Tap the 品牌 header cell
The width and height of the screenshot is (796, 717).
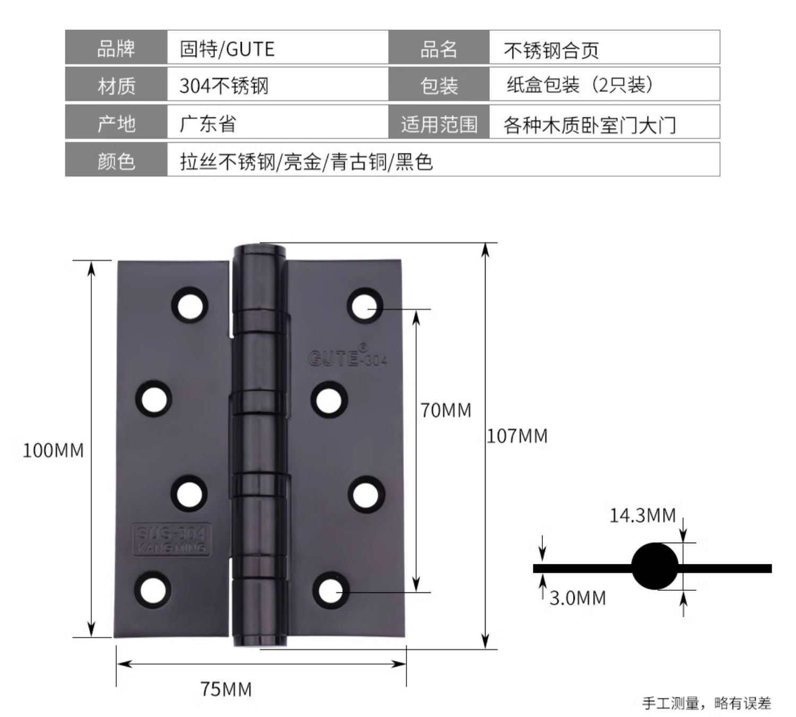tap(116, 49)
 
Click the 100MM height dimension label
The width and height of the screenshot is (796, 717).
tap(53, 450)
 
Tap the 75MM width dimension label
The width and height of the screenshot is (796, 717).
tap(226, 689)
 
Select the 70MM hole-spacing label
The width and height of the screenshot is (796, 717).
tap(446, 410)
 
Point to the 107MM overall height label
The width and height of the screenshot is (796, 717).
tap(517, 436)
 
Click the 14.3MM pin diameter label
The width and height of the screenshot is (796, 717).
tap(642, 515)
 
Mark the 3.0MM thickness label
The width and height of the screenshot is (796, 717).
tap(577, 598)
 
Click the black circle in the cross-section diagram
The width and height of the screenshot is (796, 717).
tap(655, 566)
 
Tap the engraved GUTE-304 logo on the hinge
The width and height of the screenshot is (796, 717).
tap(348, 357)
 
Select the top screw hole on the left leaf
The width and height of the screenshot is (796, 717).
tap(189, 305)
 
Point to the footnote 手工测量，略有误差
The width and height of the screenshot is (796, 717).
tap(706, 703)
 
